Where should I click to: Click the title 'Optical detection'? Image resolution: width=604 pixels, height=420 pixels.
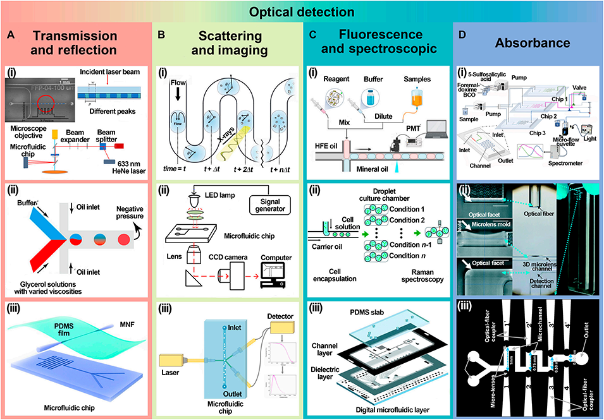pos(302,11)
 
